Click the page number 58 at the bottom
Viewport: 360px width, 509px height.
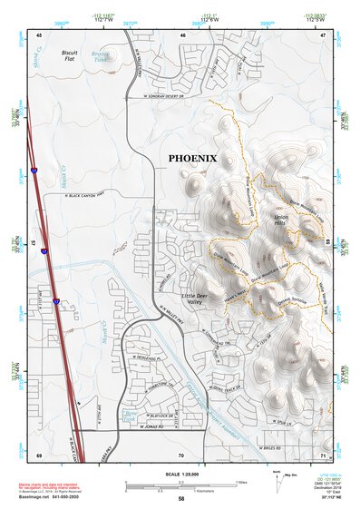pyautogui.click(x=181, y=499)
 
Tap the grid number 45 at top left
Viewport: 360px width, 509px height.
pyautogui.click(x=40, y=34)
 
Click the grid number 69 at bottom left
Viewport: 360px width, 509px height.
pyautogui.click(x=40, y=455)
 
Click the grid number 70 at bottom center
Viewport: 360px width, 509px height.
pyautogui.click(x=181, y=455)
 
